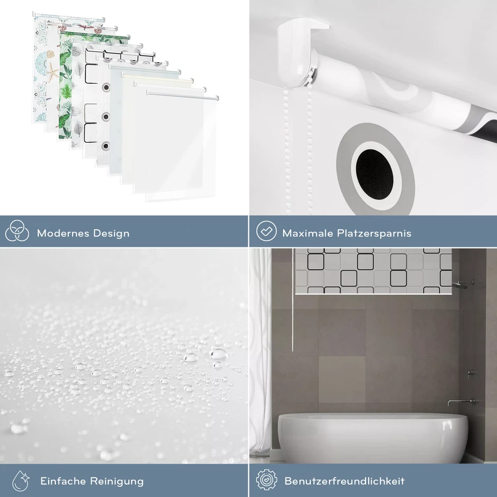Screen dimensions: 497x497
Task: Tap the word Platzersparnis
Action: click(x=375, y=233)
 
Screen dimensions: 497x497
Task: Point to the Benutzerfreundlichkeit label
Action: click(x=344, y=481)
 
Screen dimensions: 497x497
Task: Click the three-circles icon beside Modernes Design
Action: click(x=17, y=232)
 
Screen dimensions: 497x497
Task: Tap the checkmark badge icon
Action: click(x=266, y=232)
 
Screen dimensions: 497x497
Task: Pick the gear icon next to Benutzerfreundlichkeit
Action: click(x=266, y=480)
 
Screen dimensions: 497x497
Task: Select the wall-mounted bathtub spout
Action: click(x=455, y=402)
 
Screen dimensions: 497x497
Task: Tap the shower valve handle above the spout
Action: click(x=470, y=373)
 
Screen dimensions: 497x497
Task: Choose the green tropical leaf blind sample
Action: click(x=66, y=83)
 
